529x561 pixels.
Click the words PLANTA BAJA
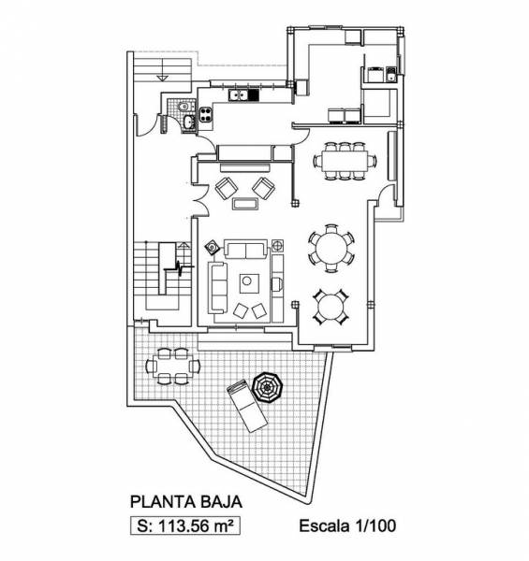tap(186, 501)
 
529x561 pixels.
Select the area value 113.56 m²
tap(196, 526)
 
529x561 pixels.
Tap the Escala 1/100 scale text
tap(347, 525)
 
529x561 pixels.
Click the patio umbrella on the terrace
tap(268, 387)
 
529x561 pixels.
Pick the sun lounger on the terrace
tap(247, 406)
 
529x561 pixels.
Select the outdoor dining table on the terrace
tap(172, 366)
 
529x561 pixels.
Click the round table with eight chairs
tap(331, 248)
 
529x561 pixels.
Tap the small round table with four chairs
tap(331, 307)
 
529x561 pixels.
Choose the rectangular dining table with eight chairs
tap(345, 161)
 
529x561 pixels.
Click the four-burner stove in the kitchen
tap(206, 114)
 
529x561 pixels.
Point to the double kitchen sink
tap(239, 95)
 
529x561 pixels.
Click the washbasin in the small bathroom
tap(188, 122)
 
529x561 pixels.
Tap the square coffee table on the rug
tap(249, 283)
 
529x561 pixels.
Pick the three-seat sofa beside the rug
tap(218, 288)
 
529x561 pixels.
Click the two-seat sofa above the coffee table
tap(245, 250)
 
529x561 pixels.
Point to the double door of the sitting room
tap(201, 200)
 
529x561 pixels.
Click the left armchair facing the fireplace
tap(227, 188)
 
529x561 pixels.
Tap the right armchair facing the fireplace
tap(264, 188)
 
